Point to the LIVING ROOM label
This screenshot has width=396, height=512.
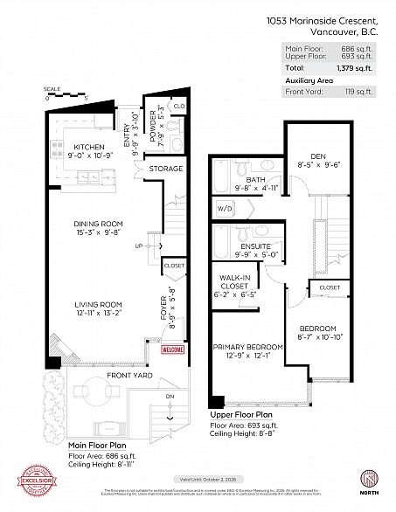click(x=97, y=297)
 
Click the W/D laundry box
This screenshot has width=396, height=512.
click(x=224, y=209)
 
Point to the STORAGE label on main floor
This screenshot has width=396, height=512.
click(x=166, y=169)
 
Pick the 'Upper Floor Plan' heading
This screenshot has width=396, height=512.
click(x=240, y=415)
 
